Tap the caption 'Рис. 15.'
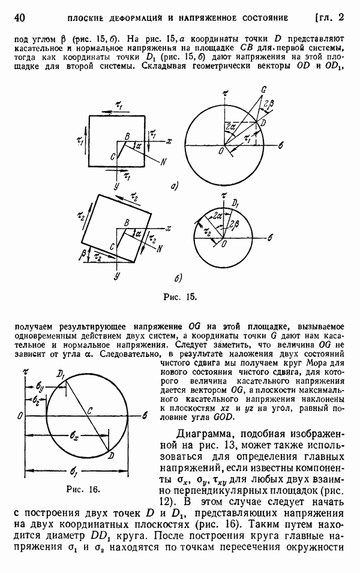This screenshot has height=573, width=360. (x=179, y=296)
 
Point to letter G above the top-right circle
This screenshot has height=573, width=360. (x=262, y=89)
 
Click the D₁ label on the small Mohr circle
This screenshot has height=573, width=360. (x=235, y=202)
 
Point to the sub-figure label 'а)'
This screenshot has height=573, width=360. (x=173, y=186)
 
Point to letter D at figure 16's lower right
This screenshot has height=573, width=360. (x=111, y=455)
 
